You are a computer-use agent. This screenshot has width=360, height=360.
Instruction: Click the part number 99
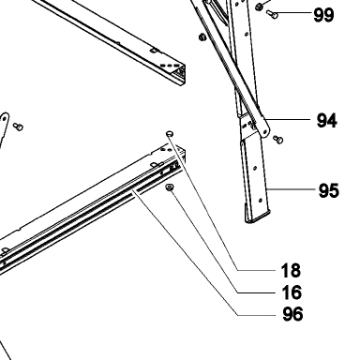(x=323, y=15)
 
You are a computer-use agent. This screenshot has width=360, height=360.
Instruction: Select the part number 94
(x=327, y=121)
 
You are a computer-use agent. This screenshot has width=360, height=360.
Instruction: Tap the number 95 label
(x=328, y=190)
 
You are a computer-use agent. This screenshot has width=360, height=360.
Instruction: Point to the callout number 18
(x=291, y=271)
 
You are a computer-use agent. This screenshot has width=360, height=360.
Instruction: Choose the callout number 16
(x=292, y=292)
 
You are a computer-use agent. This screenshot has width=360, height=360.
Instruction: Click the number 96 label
(x=292, y=314)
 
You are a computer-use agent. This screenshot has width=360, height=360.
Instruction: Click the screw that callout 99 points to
(x=272, y=14)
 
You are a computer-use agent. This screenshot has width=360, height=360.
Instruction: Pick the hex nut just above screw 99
(x=259, y=7)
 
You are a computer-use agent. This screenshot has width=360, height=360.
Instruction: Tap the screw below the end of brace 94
(x=277, y=140)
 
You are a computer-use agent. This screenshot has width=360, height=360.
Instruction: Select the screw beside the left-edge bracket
(x=18, y=127)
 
